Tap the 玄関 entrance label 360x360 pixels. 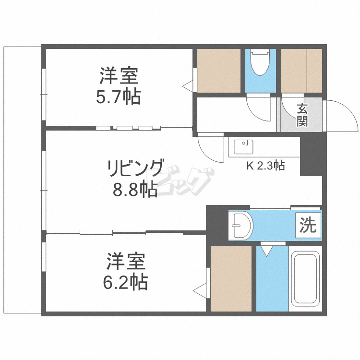click(302, 115)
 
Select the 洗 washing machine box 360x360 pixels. click(308, 225)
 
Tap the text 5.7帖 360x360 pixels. click(118, 97)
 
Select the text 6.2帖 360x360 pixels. click(125, 282)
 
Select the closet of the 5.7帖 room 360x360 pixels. click(219, 71)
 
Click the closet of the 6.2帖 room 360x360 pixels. click(231, 278)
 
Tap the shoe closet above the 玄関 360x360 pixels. click(301, 70)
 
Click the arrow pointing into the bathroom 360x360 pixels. click(266, 250)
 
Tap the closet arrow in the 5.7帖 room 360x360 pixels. click(188, 86)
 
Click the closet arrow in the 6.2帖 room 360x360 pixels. click(200, 290)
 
